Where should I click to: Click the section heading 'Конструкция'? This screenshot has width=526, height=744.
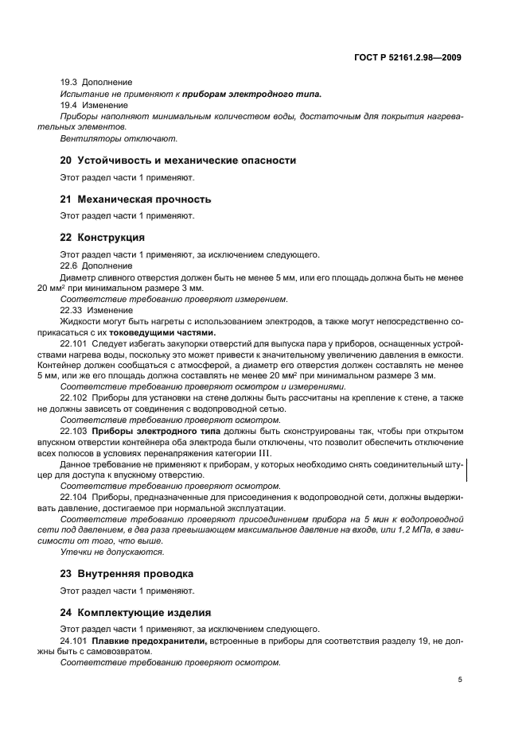click(103, 238)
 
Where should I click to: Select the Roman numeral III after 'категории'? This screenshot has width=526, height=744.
click(259, 452)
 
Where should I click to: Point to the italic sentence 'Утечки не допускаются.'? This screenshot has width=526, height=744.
click(112, 551)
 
